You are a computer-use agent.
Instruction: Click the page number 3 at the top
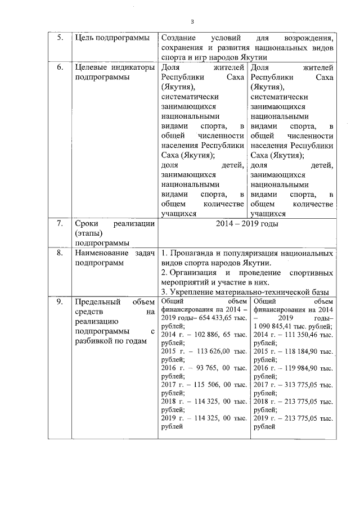click(x=192, y=22)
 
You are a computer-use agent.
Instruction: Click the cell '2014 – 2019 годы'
click(x=246, y=223)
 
